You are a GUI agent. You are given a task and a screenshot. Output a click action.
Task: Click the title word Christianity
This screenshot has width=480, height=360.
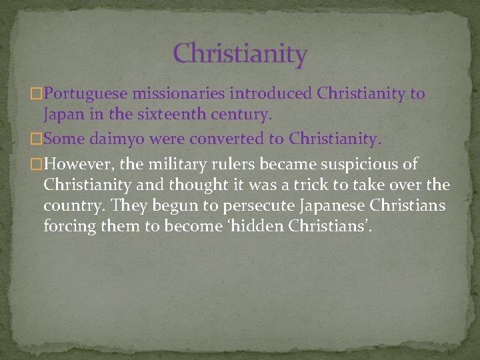click(240, 53)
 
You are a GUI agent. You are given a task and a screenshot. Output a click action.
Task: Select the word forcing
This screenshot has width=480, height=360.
click(69, 227)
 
